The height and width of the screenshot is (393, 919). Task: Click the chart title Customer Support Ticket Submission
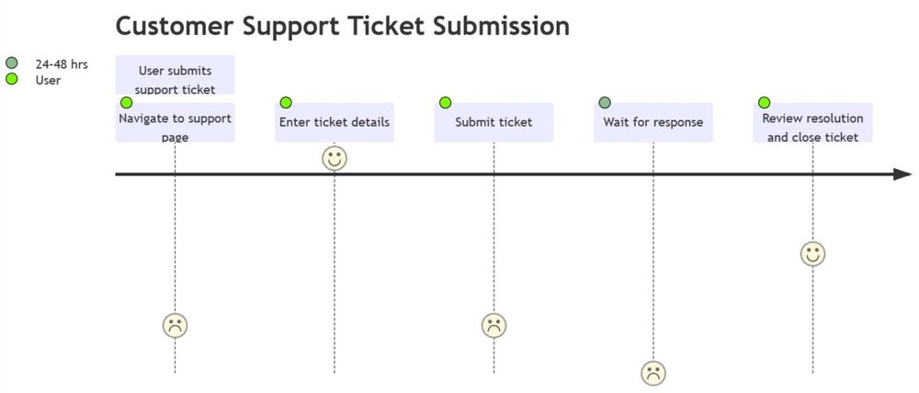point(342,27)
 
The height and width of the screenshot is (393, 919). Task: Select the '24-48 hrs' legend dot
point(12,64)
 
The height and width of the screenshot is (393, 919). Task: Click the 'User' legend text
point(48,80)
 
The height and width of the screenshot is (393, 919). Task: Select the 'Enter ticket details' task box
point(335,122)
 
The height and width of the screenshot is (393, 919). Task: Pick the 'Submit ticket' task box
point(494,122)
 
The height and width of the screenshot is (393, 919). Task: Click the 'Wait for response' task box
point(652,122)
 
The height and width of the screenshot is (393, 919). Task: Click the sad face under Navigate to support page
point(175,324)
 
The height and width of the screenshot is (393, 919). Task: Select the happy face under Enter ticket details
point(335,158)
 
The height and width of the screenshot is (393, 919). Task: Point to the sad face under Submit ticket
point(494,324)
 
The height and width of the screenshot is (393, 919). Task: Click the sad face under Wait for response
point(652,373)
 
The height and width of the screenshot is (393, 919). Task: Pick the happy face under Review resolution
point(812,253)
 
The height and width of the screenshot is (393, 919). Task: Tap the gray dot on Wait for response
point(605,103)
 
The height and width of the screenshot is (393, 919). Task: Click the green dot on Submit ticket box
point(446,103)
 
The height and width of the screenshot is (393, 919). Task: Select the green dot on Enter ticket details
point(286,103)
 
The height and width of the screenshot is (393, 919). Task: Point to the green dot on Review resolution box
point(764,103)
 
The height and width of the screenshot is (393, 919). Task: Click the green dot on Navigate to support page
point(127,103)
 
